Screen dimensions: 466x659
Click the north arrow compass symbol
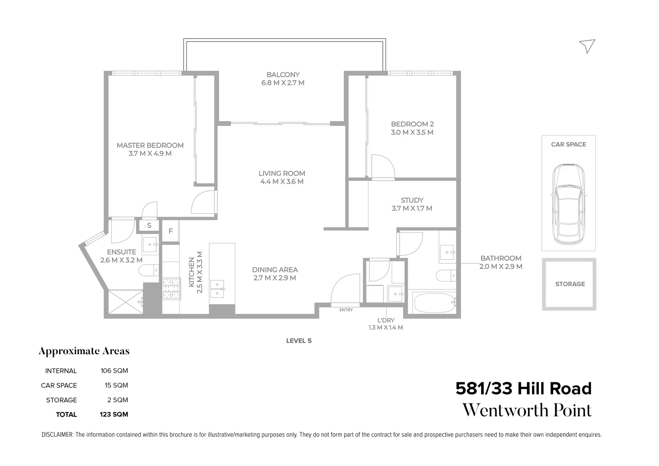click(587, 46)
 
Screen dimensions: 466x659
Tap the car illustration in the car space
click(569, 204)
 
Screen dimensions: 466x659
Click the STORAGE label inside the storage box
click(570, 284)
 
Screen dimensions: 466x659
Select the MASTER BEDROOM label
click(150, 145)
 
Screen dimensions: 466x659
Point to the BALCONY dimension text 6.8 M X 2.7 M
click(283, 83)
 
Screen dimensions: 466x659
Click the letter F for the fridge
click(171, 231)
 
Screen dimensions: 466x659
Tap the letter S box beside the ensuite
click(149, 226)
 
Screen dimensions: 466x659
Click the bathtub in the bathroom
click(433, 304)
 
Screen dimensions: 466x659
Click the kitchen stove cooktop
click(171, 288)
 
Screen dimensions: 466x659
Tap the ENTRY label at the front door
click(346, 310)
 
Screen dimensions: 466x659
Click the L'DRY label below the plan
click(386, 320)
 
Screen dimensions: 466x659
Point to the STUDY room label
click(412, 200)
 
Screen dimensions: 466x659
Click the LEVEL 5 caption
click(298, 340)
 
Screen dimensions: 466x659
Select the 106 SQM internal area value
click(114, 371)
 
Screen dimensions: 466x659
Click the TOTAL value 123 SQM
click(114, 415)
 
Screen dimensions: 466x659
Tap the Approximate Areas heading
click(84, 351)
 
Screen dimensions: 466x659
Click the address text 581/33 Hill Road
click(523, 389)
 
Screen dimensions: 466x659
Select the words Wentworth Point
click(527, 410)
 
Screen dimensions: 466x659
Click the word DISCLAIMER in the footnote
click(57, 435)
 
